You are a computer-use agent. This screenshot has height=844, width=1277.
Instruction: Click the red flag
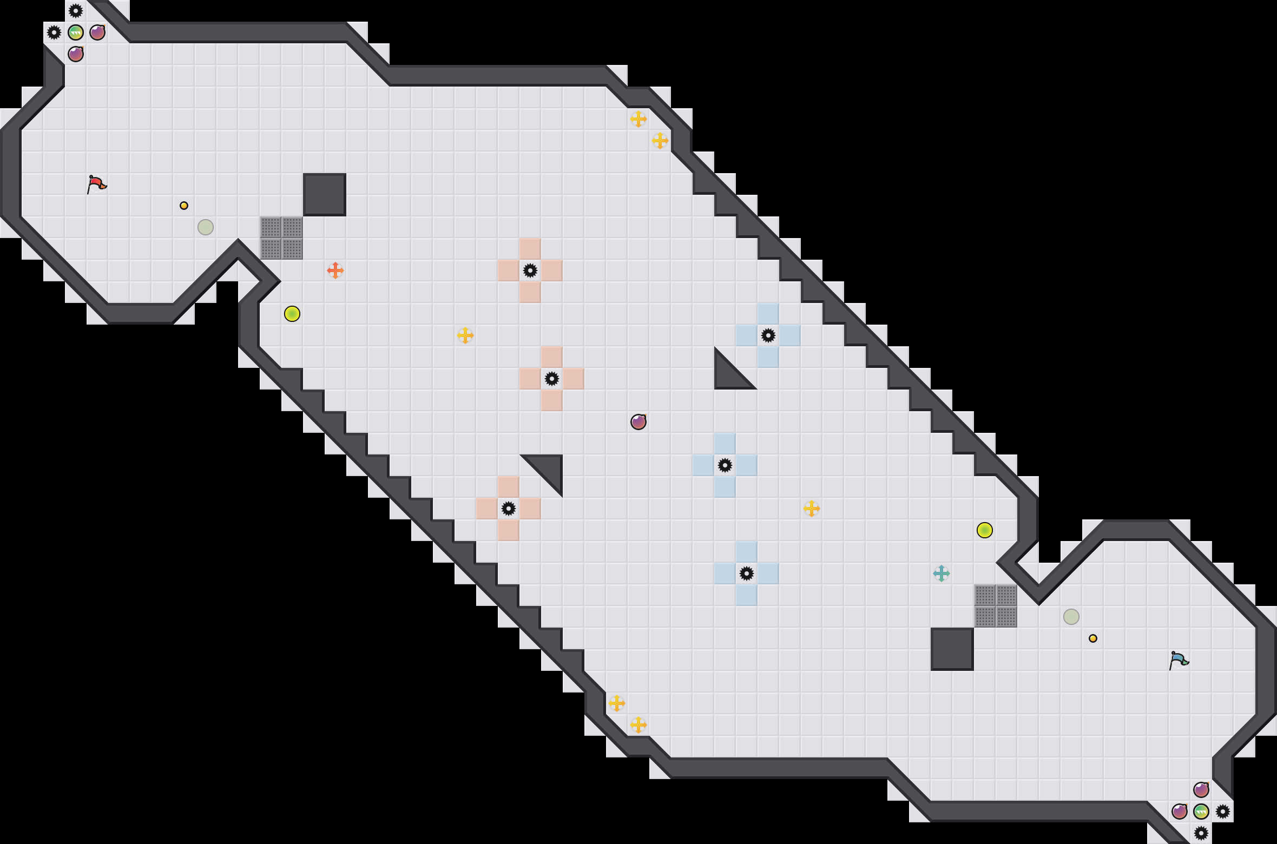coord(96,184)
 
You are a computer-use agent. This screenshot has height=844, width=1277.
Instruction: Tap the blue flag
coord(1179,660)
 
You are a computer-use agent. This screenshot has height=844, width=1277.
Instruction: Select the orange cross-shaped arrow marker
coord(335,271)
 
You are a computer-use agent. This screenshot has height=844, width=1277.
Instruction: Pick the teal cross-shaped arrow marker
coord(942,573)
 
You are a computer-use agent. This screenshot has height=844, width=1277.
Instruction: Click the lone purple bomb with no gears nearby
coord(638,422)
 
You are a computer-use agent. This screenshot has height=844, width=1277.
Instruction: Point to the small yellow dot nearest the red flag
coord(184,206)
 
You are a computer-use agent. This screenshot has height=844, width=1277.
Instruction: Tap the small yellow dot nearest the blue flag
coord(1093,638)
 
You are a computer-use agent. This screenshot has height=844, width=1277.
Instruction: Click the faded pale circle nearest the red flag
coord(206,227)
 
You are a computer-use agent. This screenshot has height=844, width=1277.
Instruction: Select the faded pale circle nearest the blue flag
coord(1071,617)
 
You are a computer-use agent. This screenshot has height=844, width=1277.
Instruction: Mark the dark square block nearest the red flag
coord(325,195)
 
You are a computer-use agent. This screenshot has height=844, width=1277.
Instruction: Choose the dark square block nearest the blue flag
coord(952,649)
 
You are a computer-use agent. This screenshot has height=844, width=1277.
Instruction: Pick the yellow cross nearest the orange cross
coord(465,335)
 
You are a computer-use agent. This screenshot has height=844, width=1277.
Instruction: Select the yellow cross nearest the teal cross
coord(812,509)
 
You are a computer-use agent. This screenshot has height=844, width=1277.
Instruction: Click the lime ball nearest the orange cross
coord(292,314)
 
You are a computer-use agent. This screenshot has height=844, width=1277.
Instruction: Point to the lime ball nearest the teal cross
coord(985,530)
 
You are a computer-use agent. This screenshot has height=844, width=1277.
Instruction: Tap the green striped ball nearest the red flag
coord(76,32)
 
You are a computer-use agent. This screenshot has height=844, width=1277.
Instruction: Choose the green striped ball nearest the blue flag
coord(1201,812)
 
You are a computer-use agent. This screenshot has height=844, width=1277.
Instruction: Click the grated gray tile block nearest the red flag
coord(281,238)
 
